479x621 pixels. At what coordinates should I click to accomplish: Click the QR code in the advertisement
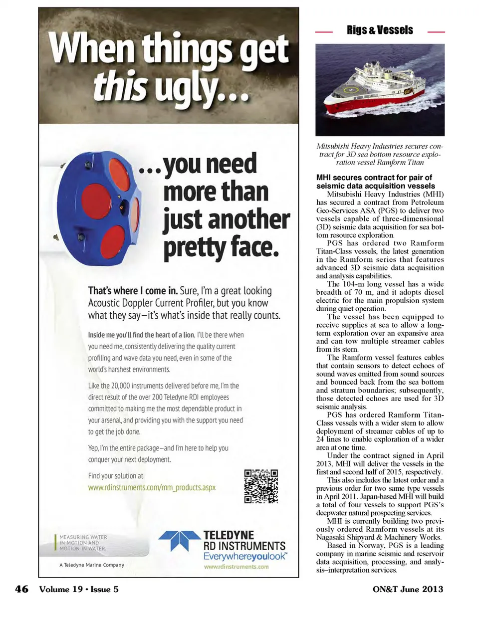point(260,486)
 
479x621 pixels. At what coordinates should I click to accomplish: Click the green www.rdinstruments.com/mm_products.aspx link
point(152,487)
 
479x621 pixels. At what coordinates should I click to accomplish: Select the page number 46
point(21,589)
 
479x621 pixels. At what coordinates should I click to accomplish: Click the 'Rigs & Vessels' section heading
point(380,30)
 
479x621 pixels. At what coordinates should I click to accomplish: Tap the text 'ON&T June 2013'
point(407,589)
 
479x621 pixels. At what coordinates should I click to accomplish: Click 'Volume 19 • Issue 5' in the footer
point(79,589)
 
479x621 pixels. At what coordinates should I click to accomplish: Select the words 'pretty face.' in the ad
point(221,247)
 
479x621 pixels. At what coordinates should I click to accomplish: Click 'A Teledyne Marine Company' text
point(91,565)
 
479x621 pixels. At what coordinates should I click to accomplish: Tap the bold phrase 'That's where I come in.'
point(133,291)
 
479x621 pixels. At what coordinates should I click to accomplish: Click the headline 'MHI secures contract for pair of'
point(374,178)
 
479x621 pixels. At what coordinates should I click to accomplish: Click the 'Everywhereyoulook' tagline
point(244,556)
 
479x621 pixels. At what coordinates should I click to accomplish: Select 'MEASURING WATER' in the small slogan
point(83,537)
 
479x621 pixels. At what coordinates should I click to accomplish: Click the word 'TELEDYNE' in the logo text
point(228,535)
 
